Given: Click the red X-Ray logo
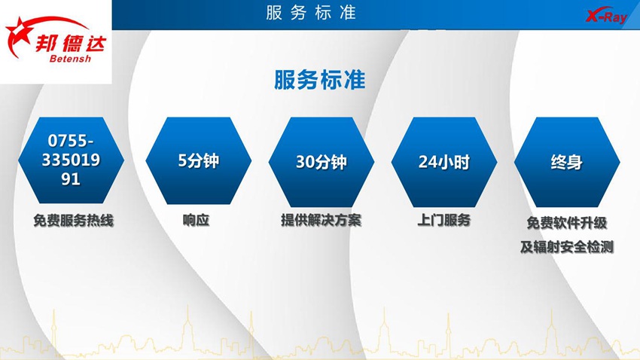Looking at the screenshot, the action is [x=606, y=16].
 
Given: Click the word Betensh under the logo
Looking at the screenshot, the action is [x=70, y=59].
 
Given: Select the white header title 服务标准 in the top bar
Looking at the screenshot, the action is [x=311, y=13].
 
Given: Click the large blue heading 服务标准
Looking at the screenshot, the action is [x=319, y=80].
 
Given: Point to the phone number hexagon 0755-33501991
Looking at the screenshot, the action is [x=71, y=160].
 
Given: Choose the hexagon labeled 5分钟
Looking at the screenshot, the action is [x=198, y=161].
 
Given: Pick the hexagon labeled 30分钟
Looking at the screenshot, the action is [x=322, y=162].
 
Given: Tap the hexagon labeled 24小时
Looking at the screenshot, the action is [x=444, y=162].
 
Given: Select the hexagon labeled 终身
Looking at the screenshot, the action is [x=567, y=162].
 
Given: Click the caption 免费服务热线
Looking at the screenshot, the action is [x=74, y=221].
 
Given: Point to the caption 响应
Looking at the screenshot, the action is [x=196, y=220].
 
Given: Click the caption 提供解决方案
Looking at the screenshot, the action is [x=322, y=221].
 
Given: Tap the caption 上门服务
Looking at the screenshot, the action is [x=443, y=220].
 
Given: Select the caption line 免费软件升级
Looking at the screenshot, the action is [x=567, y=223].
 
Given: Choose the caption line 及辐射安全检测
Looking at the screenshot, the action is [x=567, y=246].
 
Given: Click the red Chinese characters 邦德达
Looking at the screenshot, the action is [x=71, y=43].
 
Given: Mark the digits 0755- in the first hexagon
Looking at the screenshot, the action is [x=71, y=141].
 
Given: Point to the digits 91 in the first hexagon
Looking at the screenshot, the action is [x=71, y=178].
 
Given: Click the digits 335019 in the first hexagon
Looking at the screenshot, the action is [x=71, y=160].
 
